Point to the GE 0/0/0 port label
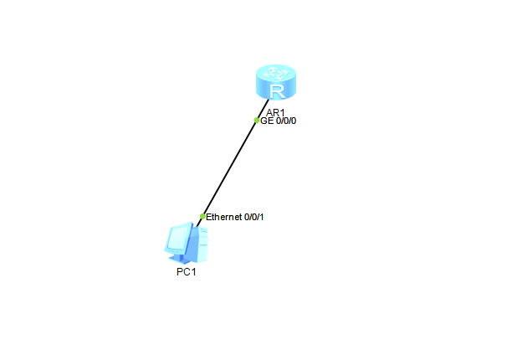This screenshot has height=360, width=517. [x=279, y=121]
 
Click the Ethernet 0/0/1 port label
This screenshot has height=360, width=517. [x=235, y=217]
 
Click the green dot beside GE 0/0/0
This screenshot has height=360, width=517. [x=257, y=120]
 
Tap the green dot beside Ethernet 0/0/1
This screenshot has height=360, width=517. [x=202, y=216]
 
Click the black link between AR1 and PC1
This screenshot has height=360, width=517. [x=230, y=167]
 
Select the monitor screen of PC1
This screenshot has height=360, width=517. [x=178, y=238]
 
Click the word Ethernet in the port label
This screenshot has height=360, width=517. [x=223, y=217]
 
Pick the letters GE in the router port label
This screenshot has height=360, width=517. [x=267, y=121]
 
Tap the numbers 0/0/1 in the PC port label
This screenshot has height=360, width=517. [x=253, y=217]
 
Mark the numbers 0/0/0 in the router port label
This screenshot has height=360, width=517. [x=286, y=121]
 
